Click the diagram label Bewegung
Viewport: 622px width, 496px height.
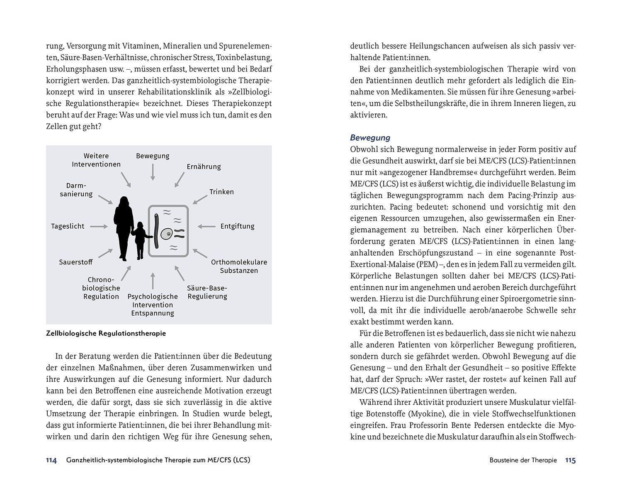153,156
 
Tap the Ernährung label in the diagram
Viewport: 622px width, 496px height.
204,167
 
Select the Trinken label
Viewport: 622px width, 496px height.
221,192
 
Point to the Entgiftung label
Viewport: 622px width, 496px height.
237,226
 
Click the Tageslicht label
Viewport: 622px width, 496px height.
68,226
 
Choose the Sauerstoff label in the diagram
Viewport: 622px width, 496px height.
76,262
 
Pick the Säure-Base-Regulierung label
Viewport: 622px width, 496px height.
207,292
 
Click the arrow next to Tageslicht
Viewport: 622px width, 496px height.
99,226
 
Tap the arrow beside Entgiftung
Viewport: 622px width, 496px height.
206,226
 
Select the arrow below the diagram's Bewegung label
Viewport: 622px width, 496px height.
153,172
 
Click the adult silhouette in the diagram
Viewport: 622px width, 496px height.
124,228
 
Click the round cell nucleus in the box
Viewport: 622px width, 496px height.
168,235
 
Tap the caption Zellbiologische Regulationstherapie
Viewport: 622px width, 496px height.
106,333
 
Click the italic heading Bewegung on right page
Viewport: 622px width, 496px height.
370,138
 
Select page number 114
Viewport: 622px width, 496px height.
51,460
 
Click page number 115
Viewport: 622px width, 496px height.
570,460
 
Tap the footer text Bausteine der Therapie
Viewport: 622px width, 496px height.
523,460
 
